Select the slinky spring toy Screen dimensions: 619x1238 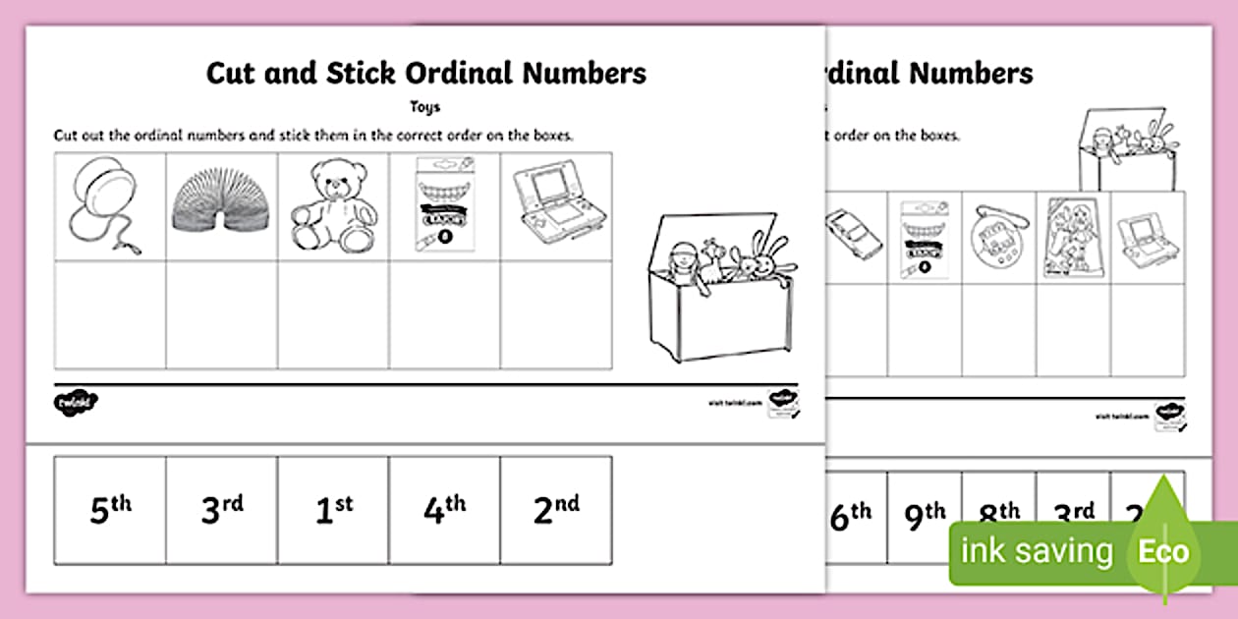coord(221,207)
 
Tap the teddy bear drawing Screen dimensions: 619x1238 coord(331,206)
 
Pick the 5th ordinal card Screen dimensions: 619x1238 coord(110,511)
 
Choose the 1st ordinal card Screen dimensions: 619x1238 coord(332,511)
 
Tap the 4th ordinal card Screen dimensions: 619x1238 coord(444,511)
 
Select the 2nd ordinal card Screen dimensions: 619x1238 coord(555,511)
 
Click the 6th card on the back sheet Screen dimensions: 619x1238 coord(851,515)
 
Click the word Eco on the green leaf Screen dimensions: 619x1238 coord(1163,551)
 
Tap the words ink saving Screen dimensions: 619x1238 coord(1037,551)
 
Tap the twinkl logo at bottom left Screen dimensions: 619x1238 coord(77,402)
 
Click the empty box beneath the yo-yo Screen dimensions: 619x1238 coord(110,314)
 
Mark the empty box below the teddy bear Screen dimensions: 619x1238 coord(332,314)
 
